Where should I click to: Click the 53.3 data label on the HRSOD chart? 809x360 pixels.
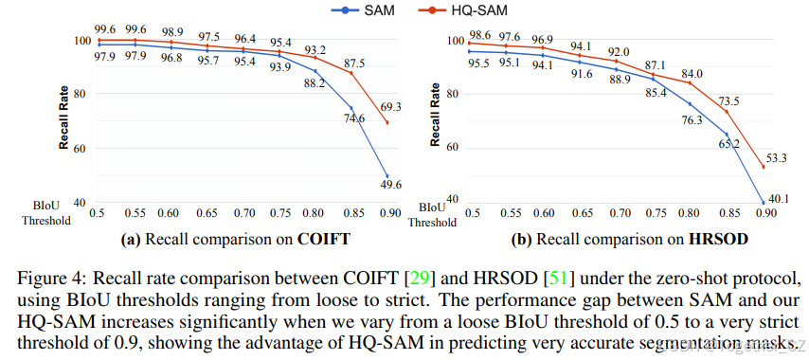[778, 157]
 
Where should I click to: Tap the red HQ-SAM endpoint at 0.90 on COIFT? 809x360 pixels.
[387, 123]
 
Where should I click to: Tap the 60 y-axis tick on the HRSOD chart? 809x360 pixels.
[452, 148]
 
